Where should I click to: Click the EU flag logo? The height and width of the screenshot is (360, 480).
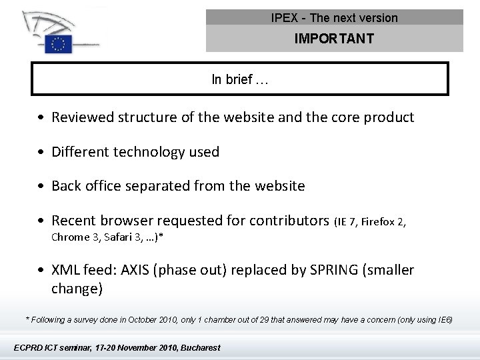(59, 44)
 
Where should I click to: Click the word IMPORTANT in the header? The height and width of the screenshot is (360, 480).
(334, 39)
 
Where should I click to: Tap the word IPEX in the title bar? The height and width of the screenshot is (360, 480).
(285, 18)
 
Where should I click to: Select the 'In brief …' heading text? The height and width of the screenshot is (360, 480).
(240, 80)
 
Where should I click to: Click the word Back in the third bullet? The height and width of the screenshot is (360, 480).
(67, 186)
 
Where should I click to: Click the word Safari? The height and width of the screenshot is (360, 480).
(116, 237)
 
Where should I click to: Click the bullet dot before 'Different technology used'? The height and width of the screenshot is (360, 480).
(41, 152)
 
